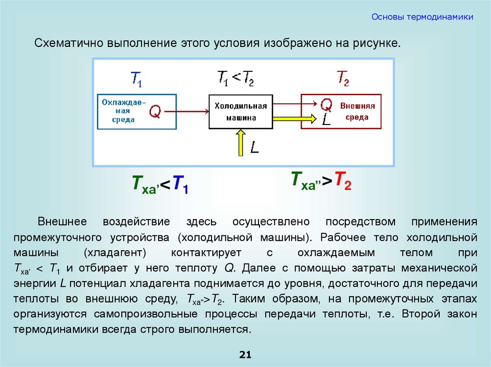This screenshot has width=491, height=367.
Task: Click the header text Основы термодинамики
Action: click(x=422, y=17)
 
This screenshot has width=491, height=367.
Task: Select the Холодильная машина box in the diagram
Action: click(x=241, y=111)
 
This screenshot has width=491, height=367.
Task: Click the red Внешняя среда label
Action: click(x=357, y=111)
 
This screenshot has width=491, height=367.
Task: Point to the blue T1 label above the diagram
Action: click(x=136, y=79)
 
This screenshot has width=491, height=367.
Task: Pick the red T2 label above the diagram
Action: click(x=342, y=78)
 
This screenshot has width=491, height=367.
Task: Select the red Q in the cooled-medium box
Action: click(x=155, y=111)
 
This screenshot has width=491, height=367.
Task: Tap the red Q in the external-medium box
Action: click(x=326, y=104)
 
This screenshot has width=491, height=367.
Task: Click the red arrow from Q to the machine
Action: click(x=187, y=111)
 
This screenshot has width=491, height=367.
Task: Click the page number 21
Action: click(x=245, y=355)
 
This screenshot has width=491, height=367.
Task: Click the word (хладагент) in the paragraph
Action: click(x=115, y=252)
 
